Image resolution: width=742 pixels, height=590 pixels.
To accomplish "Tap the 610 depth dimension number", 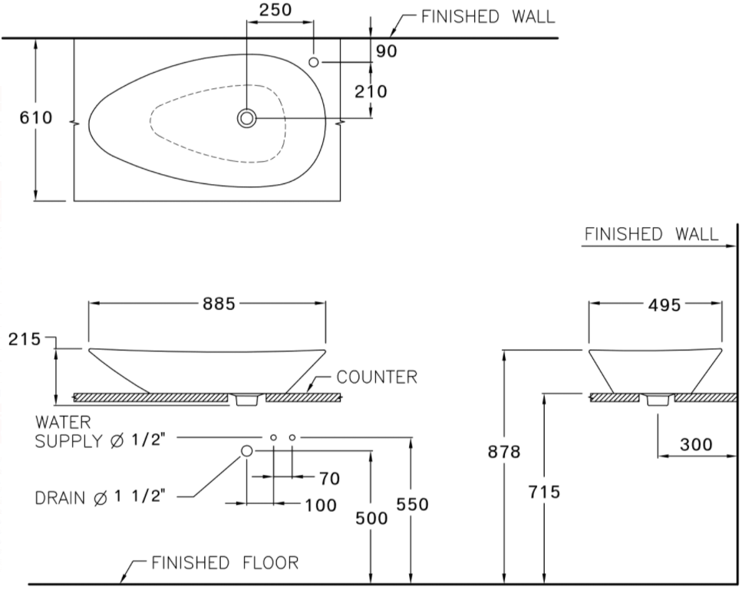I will click(x=37, y=118).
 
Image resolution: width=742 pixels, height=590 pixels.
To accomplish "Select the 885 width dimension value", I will click(x=219, y=304).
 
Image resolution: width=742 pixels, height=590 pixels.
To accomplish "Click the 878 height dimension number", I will click(x=504, y=452).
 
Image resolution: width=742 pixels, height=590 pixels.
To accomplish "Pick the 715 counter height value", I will click(x=543, y=492).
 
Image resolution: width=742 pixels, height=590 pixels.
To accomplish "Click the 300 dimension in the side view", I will click(x=696, y=444).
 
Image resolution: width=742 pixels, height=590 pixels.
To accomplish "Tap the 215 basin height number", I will click(x=25, y=340).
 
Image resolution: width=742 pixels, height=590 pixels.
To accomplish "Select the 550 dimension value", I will click(x=412, y=504).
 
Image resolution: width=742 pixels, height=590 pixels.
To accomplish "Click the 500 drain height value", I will click(x=371, y=518).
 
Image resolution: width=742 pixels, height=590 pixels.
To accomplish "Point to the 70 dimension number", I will click(x=329, y=478).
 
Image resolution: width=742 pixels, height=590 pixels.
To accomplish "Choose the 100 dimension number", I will click(x=320, y=505).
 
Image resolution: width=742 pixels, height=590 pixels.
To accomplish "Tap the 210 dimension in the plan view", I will click(x=371, y=91).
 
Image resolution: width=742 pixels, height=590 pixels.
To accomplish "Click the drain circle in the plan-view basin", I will click(x=246, y=118).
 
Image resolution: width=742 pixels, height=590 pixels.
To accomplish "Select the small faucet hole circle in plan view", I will click(x=314, y=61).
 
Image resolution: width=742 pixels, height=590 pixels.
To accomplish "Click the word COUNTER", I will click(x=377, y=377).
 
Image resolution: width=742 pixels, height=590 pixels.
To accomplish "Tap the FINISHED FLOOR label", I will click(x=224, y=563).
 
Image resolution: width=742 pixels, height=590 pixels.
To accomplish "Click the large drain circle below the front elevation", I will click(x=247, y=451).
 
